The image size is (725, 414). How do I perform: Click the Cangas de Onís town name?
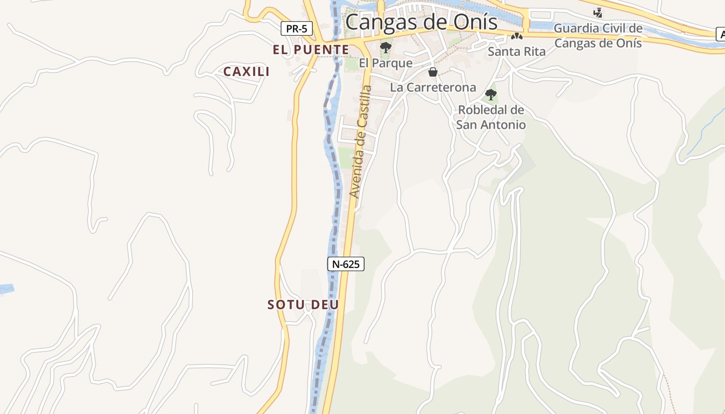[421, 22]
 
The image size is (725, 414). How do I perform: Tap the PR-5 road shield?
[297, 28]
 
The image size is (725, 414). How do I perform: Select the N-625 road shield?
[346, 264]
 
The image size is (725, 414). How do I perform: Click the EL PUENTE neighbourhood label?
[311, 50]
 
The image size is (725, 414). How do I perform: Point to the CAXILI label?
[247, 72]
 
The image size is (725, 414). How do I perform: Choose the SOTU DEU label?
[303, 305]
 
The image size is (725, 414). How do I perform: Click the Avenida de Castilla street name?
[361, 141]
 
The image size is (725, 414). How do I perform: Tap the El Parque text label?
[386, 63]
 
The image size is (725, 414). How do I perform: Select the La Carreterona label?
[433, 87]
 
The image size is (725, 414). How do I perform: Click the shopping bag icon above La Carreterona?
[433, 72]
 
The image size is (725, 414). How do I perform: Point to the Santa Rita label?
[516, 51]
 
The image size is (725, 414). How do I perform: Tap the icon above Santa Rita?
[516, 36]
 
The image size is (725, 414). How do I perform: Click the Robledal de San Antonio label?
[491, 117]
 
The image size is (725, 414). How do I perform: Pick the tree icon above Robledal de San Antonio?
[490, 95]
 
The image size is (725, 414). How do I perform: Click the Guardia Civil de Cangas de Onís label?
[598, 35]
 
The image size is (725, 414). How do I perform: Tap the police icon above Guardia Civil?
[598, 12]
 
